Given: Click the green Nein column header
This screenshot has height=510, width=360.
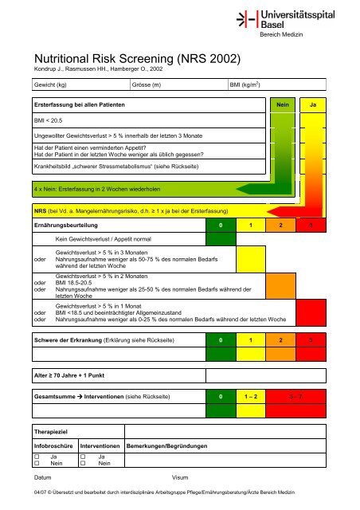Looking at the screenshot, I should [280, 104].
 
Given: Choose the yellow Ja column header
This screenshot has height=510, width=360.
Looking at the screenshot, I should [313, 104].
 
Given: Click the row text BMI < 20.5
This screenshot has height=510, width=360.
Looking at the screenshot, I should [42, 120].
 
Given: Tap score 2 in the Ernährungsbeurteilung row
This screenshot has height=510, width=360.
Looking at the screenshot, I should [281, 227].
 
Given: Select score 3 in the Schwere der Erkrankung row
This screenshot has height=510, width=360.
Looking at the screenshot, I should [311, 340].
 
